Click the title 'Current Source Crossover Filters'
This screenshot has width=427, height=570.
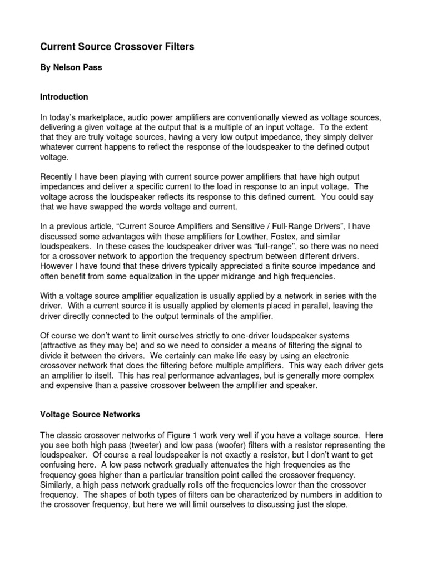point(117,47)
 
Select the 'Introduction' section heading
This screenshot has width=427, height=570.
point(64,97)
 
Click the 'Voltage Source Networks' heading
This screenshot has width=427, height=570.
point(90,415)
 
